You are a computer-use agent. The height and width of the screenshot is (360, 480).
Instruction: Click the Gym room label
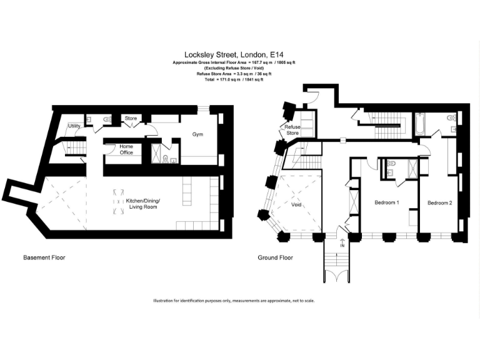tap(198, 134)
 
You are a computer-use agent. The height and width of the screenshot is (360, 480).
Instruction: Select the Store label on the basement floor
tap(131, 118)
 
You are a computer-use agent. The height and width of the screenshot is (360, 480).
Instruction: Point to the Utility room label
tap(73, 126)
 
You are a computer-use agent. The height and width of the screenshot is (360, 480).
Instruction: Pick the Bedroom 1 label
tap(387, 203)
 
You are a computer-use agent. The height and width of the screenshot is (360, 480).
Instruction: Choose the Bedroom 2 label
tap(440, 203)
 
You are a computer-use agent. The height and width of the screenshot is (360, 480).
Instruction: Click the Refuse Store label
tap(292, 130)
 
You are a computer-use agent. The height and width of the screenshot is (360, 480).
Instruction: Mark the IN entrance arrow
tap(342, 244)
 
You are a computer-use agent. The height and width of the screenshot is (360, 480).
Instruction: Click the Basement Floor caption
tap(44, 257)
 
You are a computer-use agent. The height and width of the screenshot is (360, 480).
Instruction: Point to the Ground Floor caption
tap(275, 257)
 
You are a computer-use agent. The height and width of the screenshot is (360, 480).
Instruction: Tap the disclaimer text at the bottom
tap(234, 301)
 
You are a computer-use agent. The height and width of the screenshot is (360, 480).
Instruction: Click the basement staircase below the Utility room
tap(75, 147)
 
